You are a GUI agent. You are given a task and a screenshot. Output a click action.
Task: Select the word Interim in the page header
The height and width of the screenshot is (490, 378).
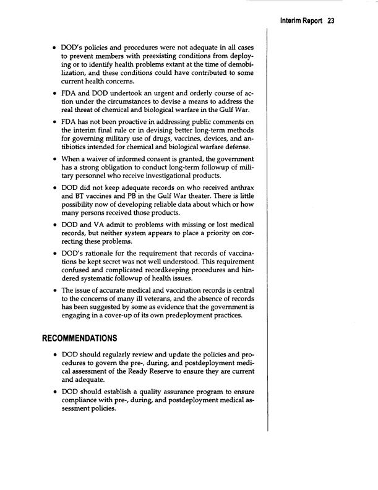pos(293,20)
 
